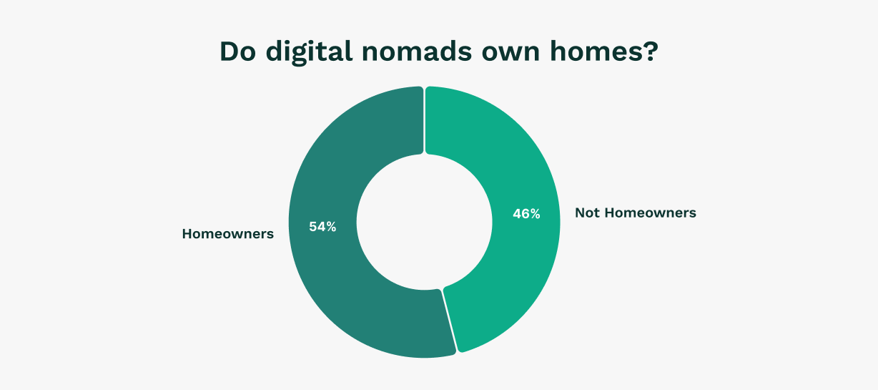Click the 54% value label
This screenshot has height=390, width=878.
click(x=322, y=227)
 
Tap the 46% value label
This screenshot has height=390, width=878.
click(x=526, y=213)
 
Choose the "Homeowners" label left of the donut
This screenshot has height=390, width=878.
click(x=227, y=234)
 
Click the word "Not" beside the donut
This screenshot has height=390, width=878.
click(x=588, y=213)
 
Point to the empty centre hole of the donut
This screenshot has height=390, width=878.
click(x=425, y=222)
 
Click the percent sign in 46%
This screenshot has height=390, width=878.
click(x=535, y=213)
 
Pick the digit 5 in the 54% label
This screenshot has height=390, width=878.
click(x=313, y=227)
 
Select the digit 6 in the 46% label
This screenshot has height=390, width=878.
click(x=526, y=213)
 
